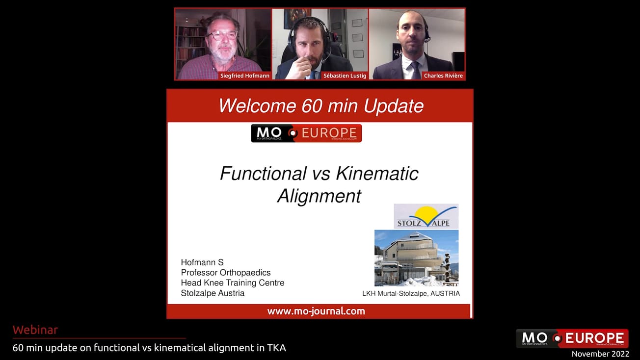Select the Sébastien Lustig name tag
click(x=345, y=76)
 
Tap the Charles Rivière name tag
click(x=443, y=76)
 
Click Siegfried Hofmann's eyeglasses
click(x=222, y=35)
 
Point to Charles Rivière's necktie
click(x=415, y=70)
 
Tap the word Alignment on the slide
click(x=319, y=196)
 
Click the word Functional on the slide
click(x=263, y=173)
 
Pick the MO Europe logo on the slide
click(x=306, y=133)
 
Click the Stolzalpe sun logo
click(x=426, y=216)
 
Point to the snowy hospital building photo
click(x=416, y=258)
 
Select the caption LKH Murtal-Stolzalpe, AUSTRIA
click(x=411, y=294)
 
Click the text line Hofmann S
click(x=202, y=262)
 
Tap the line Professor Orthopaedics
click(x=226, y=273)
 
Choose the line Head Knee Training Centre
click(x=233, y=283)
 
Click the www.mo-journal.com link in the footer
click(x=316, y=311)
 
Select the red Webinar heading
click(x=35, y=330)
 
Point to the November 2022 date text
click(x=600, y=354)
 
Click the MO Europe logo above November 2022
click(x=572, y=338)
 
